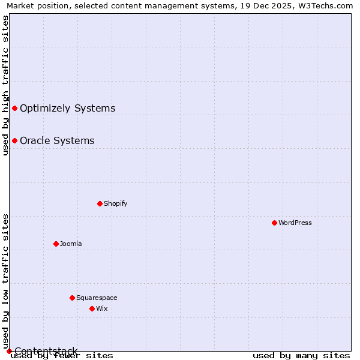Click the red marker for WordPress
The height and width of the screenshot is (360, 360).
click(274, 223)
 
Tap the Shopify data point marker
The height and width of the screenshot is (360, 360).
click(100, 203)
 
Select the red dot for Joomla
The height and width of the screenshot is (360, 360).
click(56, 244)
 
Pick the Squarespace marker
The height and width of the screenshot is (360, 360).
click(72, 298)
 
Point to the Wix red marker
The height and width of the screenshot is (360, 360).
click(92, 308)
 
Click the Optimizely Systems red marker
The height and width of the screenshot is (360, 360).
click(14, 108)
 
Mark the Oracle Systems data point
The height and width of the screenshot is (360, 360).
click(14, 140)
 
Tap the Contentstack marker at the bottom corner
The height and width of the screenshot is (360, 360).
click(9, 351)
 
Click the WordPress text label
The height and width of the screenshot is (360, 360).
click(295, 223)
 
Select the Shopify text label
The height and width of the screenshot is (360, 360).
click(116, 203)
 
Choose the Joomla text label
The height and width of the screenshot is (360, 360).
click(71, 244)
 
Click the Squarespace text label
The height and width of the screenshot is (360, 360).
click(97, 298)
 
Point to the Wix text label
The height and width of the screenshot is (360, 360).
click(102, 308)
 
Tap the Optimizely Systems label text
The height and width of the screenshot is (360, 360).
click(67, 108)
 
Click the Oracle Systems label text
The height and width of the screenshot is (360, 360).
click(57, 140)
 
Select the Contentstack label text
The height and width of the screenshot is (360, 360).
click(46, 351)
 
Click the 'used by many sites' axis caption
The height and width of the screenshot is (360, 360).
click(301, 356)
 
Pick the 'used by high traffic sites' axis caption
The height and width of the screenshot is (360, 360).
click(5, 85)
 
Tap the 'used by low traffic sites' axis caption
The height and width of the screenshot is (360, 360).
click(5, 281)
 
